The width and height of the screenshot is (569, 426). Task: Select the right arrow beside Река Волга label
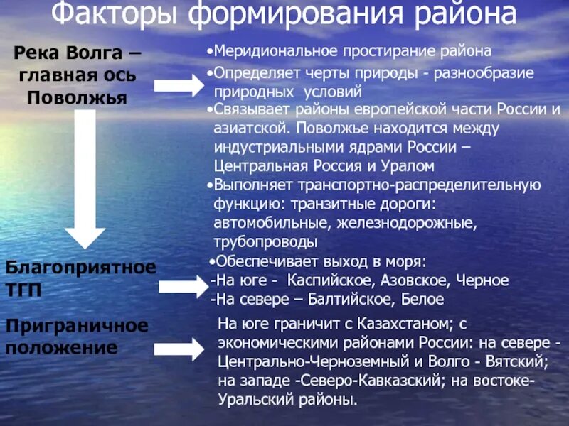click(x=179, y=86)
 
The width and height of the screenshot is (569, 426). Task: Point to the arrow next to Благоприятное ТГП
click(x=181, y=286)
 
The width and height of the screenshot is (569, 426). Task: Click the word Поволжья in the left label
click(x=77, y=97)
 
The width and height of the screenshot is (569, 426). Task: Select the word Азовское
click(x=418, y=280)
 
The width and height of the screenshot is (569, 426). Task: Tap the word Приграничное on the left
click(x=77, y=327)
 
